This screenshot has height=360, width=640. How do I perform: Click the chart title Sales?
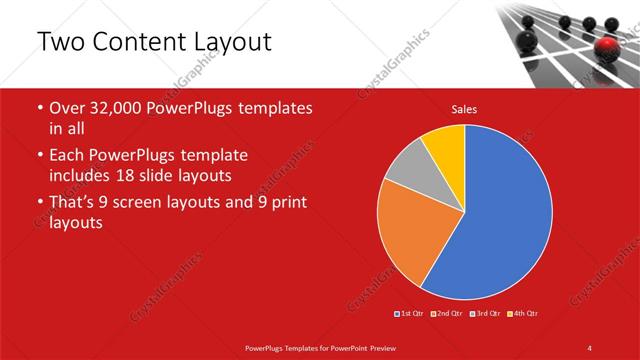point(464,108)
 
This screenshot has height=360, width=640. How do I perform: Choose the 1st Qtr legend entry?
point(411,314)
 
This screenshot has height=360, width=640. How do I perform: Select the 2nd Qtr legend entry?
point(447,314)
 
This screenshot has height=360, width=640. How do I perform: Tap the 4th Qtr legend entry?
point(522,314)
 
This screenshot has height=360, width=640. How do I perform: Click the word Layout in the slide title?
point(225,42)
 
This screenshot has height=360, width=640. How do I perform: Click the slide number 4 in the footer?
point(590,347)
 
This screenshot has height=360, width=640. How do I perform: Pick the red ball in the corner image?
point(608,47)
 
